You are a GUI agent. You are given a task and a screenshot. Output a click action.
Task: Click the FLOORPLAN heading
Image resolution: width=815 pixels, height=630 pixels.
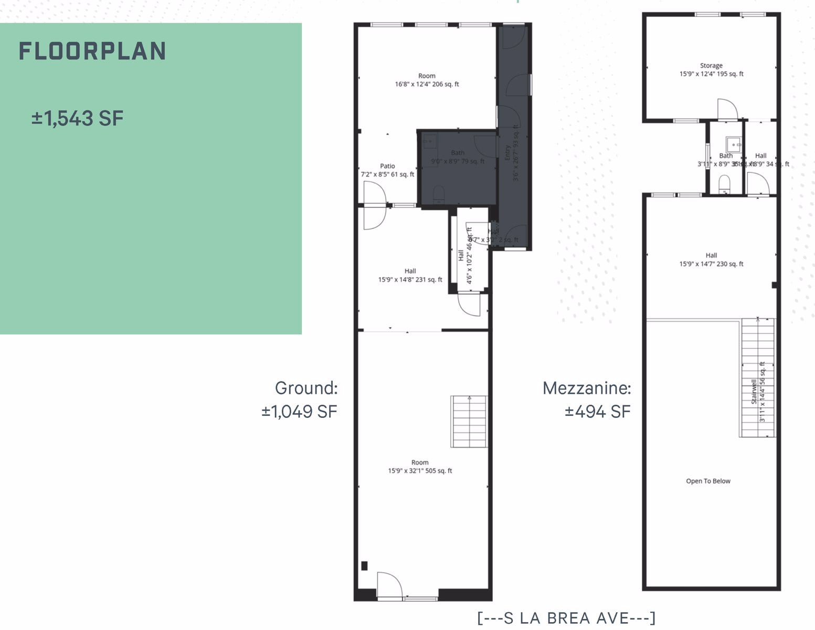pyautogui.click(x=92, y=51)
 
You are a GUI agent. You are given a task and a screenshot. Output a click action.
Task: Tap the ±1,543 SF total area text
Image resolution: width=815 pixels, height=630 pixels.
pyautogui.click(x=77, y=118)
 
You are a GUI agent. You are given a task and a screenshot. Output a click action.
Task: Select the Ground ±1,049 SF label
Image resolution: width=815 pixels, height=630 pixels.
pyautogui.click(x=300, y=400)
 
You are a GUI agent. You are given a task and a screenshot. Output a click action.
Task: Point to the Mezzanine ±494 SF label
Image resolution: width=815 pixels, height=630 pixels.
pyautogui.click(x=587, y=400)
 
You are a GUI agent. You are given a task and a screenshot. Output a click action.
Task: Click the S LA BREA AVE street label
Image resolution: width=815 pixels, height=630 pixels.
pyautogui.click(x=566, y=618)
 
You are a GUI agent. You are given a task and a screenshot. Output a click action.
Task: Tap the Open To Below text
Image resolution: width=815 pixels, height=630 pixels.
pyautogui.click(x=708, y=481)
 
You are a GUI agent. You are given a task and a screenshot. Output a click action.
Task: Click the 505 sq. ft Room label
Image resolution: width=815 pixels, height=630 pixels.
pyautogui.click(x=420, y=467)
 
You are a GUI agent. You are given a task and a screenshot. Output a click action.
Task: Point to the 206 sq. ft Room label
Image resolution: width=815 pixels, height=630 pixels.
pyautogui.click(x=427, y=80)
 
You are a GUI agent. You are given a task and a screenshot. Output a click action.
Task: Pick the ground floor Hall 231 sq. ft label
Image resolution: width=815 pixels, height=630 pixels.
pyautogui.click(x=410, y=275)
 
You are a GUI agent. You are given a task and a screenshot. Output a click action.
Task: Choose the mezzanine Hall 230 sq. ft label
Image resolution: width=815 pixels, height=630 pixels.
pyautogui.click(x=711, y=260)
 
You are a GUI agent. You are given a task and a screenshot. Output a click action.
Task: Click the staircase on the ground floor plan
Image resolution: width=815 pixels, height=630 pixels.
pyautogui.click(x=469, y=422)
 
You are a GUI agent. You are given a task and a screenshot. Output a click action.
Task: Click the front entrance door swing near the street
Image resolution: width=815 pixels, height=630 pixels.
pyautogui.click(x=389, y=584)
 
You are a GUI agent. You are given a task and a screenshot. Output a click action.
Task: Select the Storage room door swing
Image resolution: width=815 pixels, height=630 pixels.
pyautogui.click(x=727, y=109)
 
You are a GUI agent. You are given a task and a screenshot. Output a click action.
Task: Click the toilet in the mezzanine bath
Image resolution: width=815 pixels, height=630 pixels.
pyautogui.click(x=724, y=183)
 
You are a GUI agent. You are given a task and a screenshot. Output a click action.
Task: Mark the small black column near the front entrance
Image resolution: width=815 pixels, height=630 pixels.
pyautogui.click(x=364, y=566)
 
